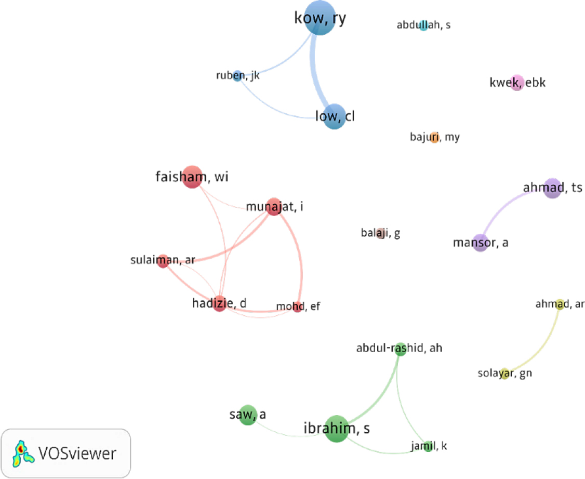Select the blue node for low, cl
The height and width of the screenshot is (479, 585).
[x=334, y=116]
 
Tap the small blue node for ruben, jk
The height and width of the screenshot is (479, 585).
[x=237, y=76]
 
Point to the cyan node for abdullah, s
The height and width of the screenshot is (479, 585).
[x=423, y=25]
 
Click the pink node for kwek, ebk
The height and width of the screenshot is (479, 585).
[x=516, y=83]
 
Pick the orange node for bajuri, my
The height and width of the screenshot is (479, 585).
[x=434, y=138]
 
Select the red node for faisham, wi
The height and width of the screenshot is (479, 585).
[x=192, y=177]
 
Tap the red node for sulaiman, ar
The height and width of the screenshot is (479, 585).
[x=163, y=261]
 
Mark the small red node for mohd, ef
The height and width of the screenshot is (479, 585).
[x=297, y=307]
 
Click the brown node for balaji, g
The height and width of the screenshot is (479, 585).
[x=380, y=233]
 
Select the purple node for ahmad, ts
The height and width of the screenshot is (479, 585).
[x=552, y=188]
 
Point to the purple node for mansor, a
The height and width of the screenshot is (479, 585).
[x=481, y=243]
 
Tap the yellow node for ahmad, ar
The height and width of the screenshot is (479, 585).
[x=560, y=304]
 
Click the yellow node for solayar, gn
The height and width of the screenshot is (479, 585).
[x=504, y=374]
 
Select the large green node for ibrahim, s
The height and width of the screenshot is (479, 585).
[x=337, y=429]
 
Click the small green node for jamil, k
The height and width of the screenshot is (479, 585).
[x=428, y=446]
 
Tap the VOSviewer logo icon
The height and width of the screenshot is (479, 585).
[x=21, y=453]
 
